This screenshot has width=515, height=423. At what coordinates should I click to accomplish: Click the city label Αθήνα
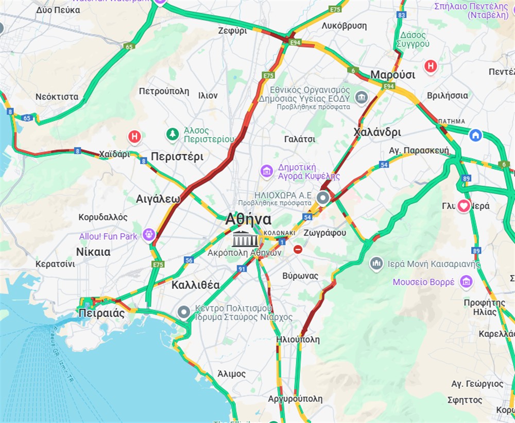[248, 219]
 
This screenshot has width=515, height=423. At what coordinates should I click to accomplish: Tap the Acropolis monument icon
[244, 239]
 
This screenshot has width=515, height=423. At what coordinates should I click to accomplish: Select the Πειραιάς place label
[101, 313]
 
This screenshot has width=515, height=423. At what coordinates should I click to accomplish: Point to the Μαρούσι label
[392, 74]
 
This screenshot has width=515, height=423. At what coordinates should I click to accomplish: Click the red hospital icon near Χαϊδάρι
[134, 137]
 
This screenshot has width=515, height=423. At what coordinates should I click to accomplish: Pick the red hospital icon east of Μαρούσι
[431, 66]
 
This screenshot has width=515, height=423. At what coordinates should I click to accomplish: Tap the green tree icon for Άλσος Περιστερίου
[173, 135]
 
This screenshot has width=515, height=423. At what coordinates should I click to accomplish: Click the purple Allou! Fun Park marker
[149, 235]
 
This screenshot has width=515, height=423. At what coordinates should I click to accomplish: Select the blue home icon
[475, 135]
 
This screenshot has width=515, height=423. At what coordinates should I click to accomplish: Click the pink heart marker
[464, 206]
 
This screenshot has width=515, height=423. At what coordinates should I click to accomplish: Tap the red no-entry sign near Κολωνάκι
[298, 250]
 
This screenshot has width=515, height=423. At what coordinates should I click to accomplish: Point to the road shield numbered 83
[402, 15]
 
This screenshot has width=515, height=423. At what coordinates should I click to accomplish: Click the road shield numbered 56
[189, 261]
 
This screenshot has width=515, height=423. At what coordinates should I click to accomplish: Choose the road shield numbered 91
[242, 269]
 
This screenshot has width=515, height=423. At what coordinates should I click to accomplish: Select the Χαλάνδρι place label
[377, 133]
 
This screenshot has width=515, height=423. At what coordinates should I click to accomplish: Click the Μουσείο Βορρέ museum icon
[467, 282]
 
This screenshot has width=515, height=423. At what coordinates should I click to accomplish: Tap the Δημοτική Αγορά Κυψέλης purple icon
[266, 171]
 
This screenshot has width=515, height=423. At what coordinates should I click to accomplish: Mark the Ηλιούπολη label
[298, 339]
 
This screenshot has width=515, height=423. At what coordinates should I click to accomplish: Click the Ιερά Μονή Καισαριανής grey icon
[376, 264]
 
